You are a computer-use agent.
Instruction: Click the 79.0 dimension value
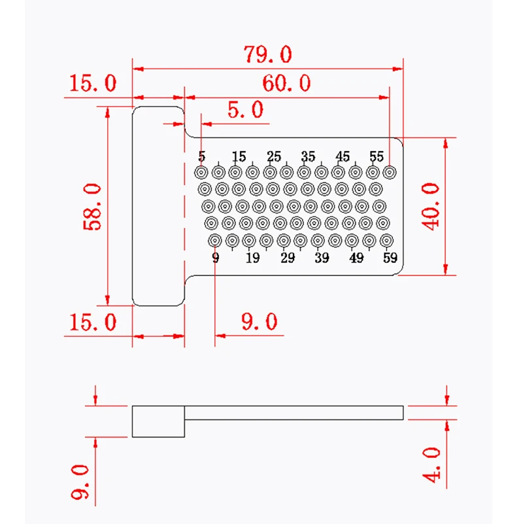268,54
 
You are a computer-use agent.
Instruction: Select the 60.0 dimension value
286,83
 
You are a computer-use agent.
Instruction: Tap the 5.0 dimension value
245,110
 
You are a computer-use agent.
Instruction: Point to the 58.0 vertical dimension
92,207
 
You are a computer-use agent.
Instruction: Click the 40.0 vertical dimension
431,207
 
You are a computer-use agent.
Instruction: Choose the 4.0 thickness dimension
431,466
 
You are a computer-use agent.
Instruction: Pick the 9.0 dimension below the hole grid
259,322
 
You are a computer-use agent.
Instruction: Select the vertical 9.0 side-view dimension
80,482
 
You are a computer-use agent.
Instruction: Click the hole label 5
202,156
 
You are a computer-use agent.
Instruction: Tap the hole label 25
274,156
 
